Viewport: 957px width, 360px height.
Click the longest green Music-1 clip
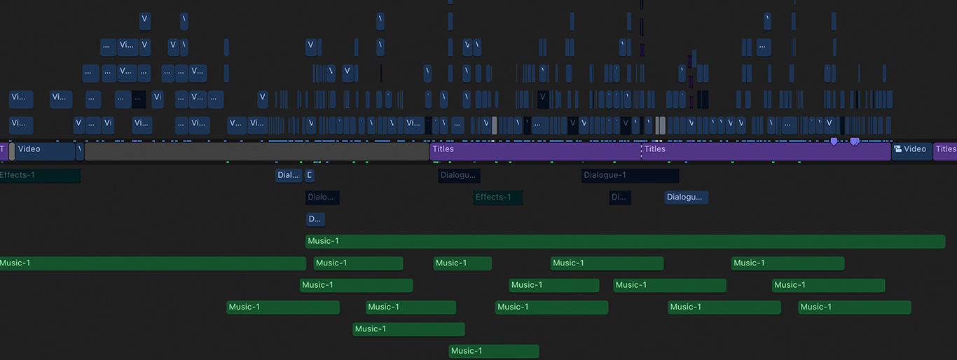tap(625, 242)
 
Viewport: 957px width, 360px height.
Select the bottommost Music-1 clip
tap(493, 351)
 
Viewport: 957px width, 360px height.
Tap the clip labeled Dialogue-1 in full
tap(629, 175)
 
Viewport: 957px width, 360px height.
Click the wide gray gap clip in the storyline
tap(256, 151)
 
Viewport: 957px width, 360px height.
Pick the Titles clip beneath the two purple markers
tap(765, 151)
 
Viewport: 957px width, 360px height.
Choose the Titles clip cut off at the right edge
tap(945, 151)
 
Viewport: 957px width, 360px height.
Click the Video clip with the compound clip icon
tap(912, 151)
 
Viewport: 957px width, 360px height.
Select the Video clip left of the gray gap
tap(45, 151)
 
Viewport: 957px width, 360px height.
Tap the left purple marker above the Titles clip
tap(834, 141)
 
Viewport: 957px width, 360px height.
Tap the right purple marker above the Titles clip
tap(855, 141)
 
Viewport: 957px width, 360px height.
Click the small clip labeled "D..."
tap(315, 219)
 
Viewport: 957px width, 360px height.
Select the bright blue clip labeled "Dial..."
tap(289, 175)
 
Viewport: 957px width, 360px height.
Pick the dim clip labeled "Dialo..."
tap(322, 198)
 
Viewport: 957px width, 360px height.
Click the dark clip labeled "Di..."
tap(619, 198)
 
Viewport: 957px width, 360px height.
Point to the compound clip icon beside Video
tap(898, 149)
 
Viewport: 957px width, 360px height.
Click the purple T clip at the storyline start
tap(3, 151)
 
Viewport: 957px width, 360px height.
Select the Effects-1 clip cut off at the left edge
tap(39, 175)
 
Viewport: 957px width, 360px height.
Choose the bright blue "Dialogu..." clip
tap(686, 198)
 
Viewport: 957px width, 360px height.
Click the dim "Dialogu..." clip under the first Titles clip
tap(459, 175)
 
